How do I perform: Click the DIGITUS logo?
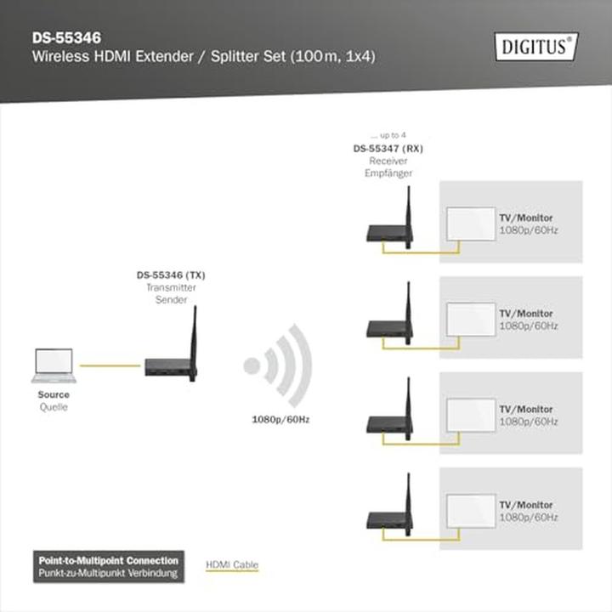[536, 47]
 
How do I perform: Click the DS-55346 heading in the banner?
[67, 38]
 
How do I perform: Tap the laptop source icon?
[54, 365]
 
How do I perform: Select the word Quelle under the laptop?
[54, 407]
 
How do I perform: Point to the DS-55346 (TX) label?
[171, 275]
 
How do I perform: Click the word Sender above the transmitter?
[171, 299]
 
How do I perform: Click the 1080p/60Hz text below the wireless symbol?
[280, 420]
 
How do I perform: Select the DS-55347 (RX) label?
[388, 148]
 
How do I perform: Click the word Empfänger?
[388, 173]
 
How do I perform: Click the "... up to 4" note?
[388, 135]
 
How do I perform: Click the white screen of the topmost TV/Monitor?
[471, 224]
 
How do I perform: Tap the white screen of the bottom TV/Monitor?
[471, 511]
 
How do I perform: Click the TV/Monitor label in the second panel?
[526, 314]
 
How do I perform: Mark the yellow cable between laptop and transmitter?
[110, 365]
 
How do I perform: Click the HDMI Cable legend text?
[232, 564]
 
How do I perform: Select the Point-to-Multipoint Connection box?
[109, 567]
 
